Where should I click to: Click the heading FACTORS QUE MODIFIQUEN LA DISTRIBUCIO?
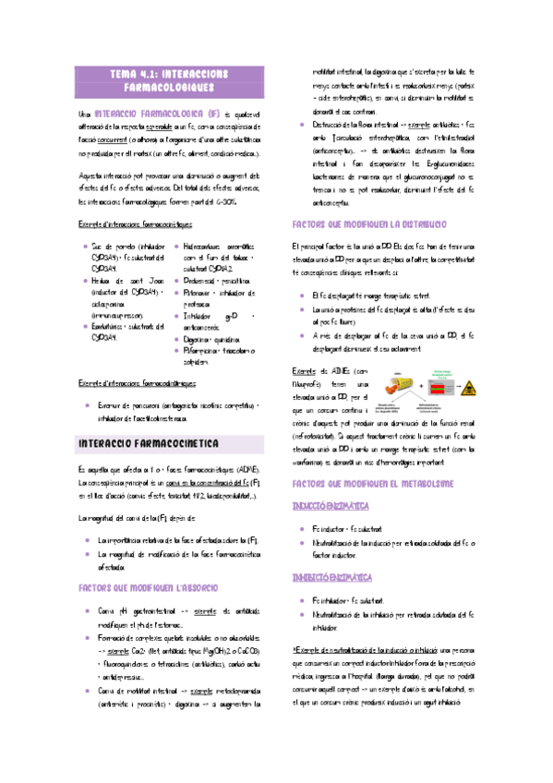tap(369, 224)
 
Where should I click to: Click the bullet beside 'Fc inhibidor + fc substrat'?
tap(306, 598)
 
